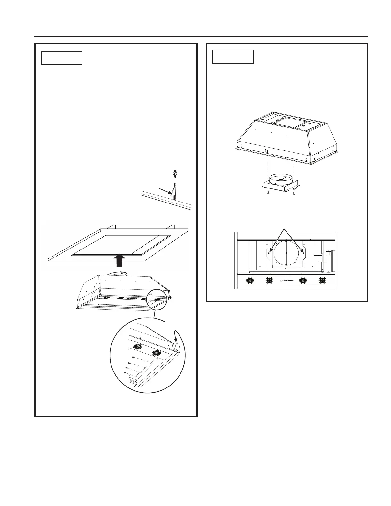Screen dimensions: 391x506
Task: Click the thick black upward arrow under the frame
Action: click(119, 260)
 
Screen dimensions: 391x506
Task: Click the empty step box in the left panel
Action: click(62, 58)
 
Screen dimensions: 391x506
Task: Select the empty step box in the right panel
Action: click(233, 57)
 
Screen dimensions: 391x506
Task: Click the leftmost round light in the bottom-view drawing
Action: click(250, 280)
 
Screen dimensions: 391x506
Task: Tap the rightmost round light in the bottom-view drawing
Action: click(322, 280)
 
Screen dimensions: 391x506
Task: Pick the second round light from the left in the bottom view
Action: click(269, 280)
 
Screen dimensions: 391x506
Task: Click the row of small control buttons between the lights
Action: click(286, 280)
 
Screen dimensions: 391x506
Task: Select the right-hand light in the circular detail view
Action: click(156, 353)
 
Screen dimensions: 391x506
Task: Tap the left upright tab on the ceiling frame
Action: click(112, 226)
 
